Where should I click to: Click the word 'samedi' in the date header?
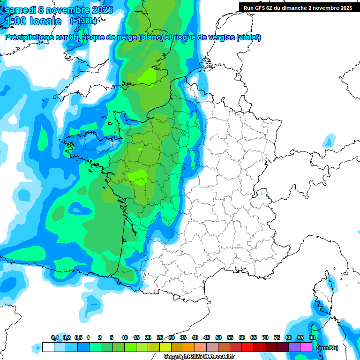point(21,10)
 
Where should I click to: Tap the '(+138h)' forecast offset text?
point(83,21)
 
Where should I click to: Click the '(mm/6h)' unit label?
point(327,348)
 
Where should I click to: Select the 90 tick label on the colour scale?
point(312,337)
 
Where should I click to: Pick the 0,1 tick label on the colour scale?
point(54,337)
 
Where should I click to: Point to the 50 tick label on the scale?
point(218,337)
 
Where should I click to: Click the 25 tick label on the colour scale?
point(160,337)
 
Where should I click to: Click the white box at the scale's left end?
point(48,347)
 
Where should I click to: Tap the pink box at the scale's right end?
point(306,347)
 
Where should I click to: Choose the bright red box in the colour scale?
point(247,347)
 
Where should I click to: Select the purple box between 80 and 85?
point(294,347)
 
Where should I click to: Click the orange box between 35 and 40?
point(189,347)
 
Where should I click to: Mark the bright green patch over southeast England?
point(150,75)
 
